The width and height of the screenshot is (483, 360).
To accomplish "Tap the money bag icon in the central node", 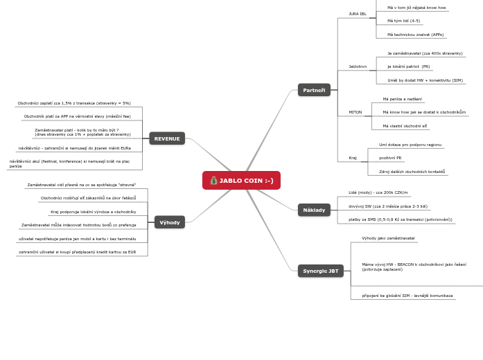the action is coord(214,181).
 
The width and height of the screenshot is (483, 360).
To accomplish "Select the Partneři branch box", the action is coord(314,90).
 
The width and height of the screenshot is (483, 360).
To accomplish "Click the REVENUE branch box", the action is coord(167,138).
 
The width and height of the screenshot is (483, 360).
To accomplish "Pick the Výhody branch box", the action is coord(170,222).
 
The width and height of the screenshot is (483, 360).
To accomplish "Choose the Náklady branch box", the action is coord(314,209).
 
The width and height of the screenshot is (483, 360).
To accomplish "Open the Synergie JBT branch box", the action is coord(321,271).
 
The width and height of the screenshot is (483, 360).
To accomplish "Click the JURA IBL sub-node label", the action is coord(358,14).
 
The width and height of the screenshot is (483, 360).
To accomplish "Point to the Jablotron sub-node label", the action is coord(358,66).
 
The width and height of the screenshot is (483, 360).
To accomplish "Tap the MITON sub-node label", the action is coord(355,112).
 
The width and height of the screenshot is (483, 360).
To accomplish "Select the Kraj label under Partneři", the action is coord(353,158).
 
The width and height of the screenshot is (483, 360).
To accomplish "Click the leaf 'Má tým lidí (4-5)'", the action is coord(403,21).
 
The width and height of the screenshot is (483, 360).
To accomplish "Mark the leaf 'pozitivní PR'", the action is coord(390,158).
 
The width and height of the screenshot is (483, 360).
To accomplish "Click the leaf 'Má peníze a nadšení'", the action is coord(402,99).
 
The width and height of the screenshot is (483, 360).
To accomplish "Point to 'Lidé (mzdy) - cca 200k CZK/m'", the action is coord(378,192).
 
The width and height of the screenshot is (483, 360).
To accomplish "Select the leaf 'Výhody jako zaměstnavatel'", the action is coord(388,238).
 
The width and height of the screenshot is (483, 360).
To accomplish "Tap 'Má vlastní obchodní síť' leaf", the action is coord(405,126).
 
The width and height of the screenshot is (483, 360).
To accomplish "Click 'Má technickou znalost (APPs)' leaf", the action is coord(415,34).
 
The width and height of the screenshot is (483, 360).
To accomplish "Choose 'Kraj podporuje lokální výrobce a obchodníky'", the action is coord(93,212).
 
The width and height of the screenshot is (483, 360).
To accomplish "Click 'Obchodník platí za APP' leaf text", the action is coord(77,116).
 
